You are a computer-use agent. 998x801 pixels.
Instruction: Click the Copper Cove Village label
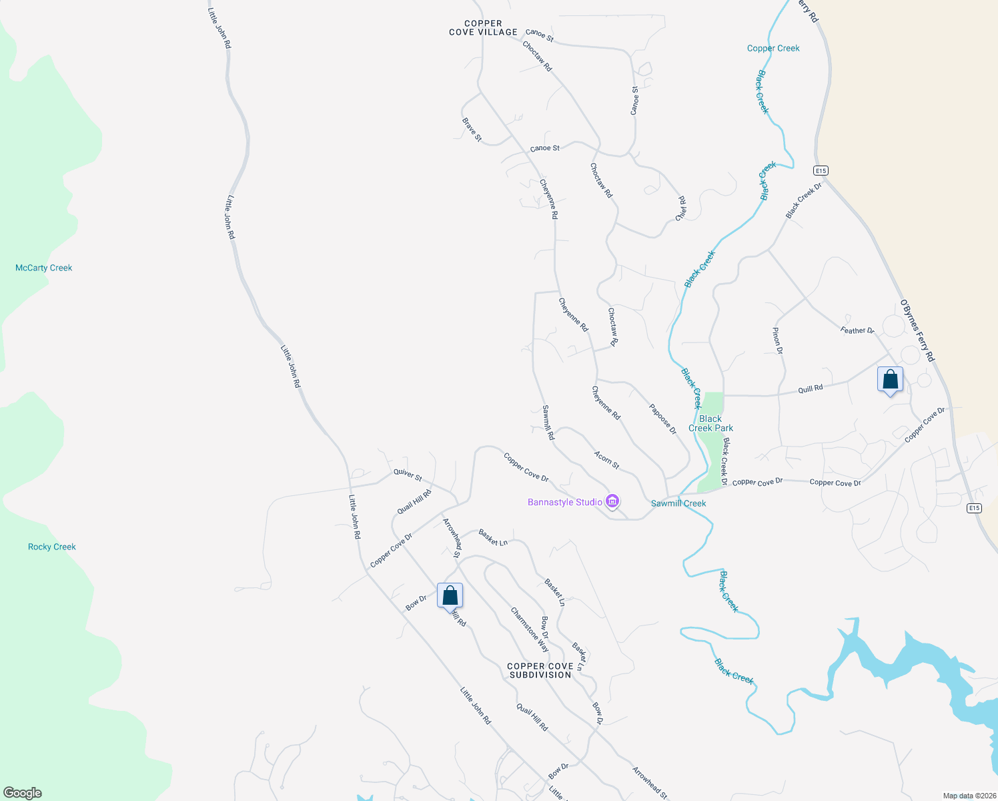coord(483,27)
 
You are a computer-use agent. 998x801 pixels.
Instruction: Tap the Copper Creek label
coord(773,48)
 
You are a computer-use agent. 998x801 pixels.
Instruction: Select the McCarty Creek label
coord(43,268)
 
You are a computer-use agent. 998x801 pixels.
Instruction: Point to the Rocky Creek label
coord(52,547)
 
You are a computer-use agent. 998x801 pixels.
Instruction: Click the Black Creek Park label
coord(710,423)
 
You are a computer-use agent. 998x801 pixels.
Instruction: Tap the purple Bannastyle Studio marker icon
coord(612,501)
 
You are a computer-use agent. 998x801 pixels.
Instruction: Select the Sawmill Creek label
coord(678,503)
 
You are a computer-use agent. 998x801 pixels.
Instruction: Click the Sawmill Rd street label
coord(548,423)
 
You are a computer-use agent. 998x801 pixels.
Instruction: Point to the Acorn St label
coord(606,460)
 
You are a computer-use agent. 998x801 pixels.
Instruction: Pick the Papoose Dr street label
coord(662,419)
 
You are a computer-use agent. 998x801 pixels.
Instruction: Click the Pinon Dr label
coord(777,340)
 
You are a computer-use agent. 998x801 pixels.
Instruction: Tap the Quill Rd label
coord(811,388)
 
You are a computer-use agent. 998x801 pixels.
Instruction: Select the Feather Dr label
coord(857,330)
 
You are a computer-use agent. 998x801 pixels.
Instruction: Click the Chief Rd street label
coord(681,208)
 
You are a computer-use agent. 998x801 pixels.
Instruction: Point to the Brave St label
coord(472,130)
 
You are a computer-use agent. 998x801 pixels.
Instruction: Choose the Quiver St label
coord(408,475)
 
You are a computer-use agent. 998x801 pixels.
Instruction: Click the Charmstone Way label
coord(530,629)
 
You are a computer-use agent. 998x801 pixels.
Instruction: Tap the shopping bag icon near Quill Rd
coord(890,380)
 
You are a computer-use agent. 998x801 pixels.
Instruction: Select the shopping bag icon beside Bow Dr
coord(450,595)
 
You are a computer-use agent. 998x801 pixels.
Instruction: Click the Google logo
coord(23,793)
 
